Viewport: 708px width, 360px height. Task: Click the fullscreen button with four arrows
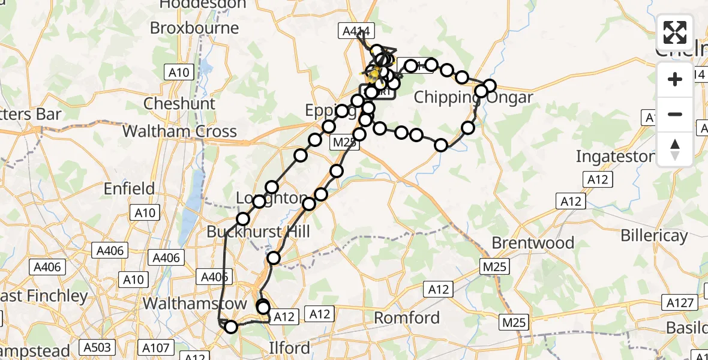click(x=675, y=32)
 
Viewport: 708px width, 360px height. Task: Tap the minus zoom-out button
click(x=675, y=114)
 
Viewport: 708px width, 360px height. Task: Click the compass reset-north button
click(x=675, y=149)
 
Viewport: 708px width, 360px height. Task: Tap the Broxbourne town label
click(x=194, y=28)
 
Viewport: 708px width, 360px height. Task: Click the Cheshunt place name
click(x=179, y=103)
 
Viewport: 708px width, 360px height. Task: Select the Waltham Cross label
click(x=179, y=131)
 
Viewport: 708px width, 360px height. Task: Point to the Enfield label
click(x=130, y=189)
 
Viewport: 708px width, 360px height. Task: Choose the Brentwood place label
click(x=533, y=243)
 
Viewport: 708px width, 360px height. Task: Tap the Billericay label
click(x=654, y=236)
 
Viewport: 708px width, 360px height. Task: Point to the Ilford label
click(x=290, y=348)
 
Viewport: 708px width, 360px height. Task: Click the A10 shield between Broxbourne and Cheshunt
click(x=178, y=73)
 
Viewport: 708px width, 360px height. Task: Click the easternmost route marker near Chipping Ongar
click(x=490, y=86)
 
